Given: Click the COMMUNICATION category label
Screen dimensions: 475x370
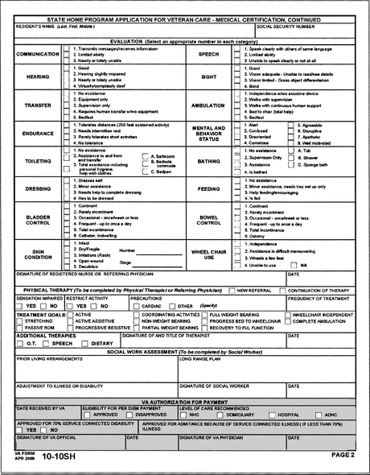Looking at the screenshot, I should point(37,54).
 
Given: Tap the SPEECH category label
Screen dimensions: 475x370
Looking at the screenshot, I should point(208,54).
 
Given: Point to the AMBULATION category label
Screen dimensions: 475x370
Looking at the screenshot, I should point(208,105).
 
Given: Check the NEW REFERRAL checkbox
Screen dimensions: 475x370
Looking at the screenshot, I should point(232,290).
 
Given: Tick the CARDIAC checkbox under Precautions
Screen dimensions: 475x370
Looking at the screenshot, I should point(135,306).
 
